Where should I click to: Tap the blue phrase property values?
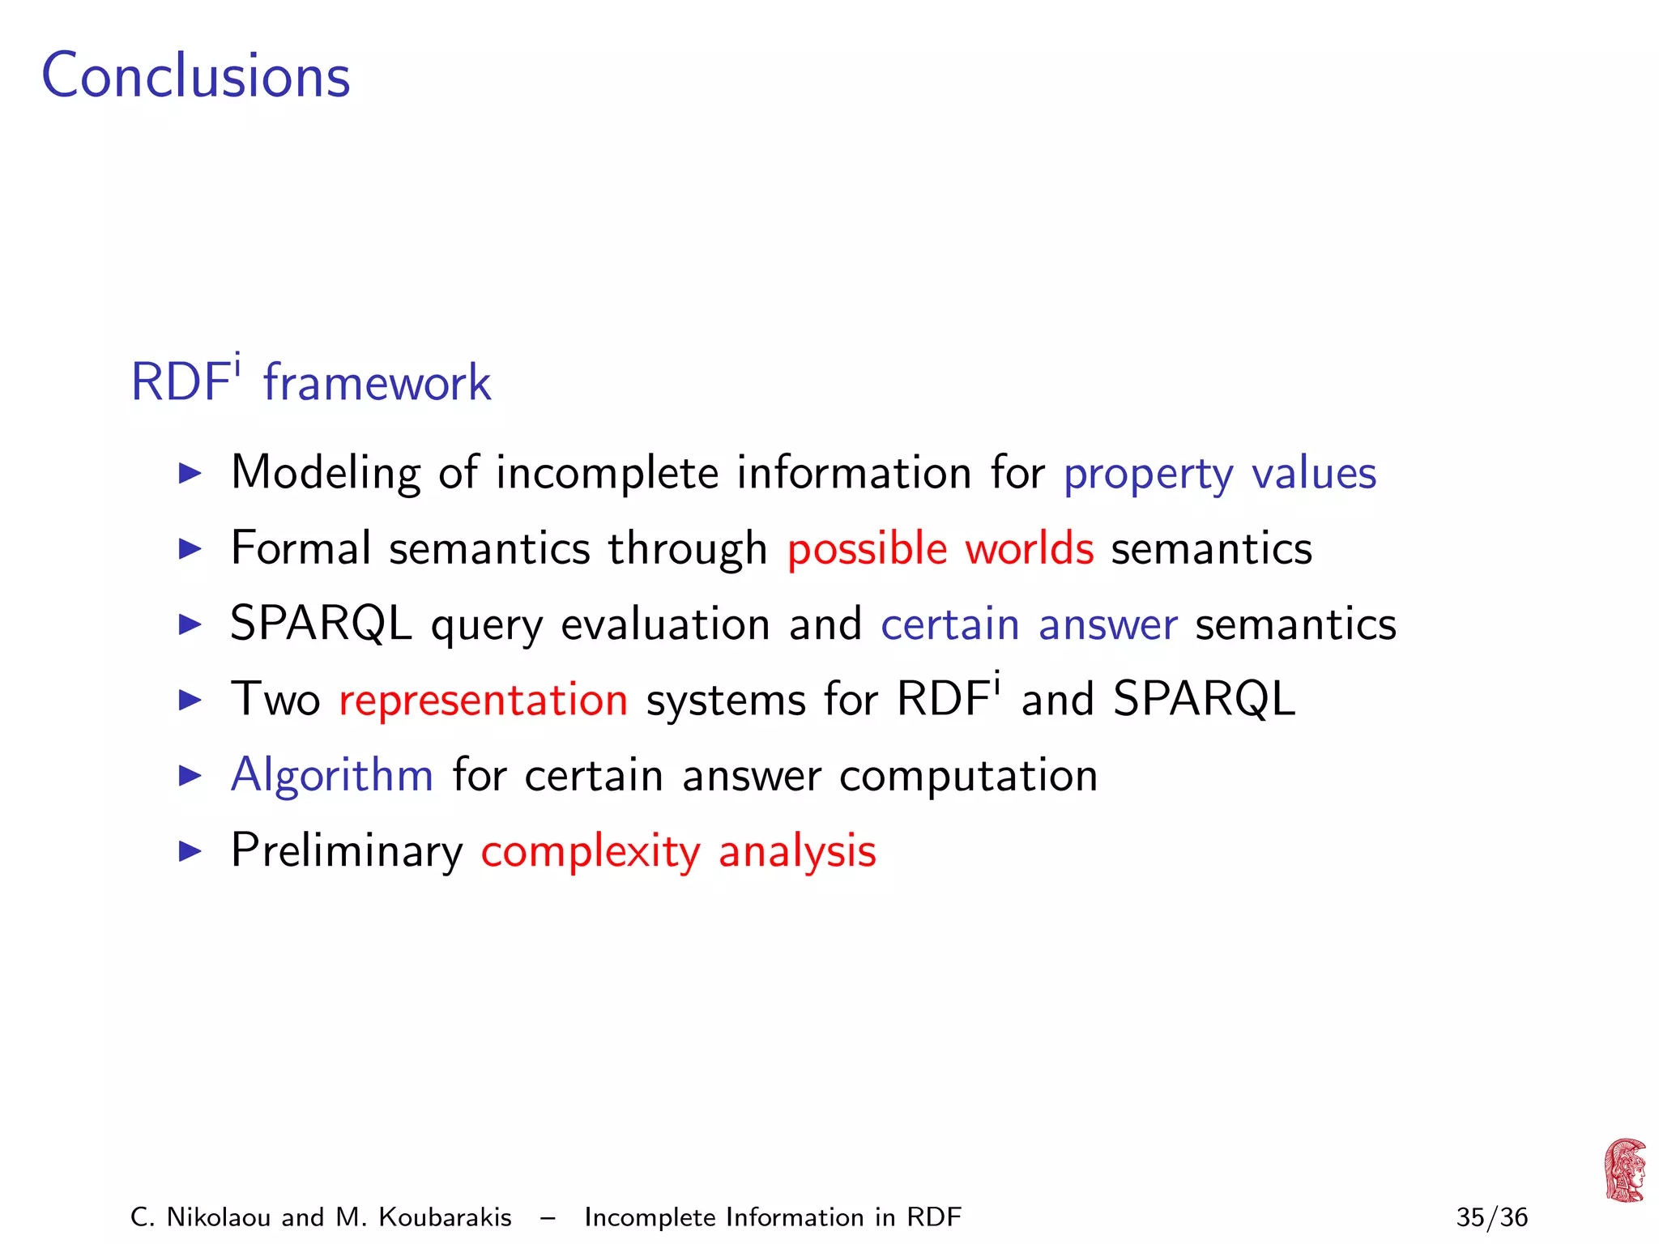coord(1219,474)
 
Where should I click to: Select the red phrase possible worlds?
coord(940,549)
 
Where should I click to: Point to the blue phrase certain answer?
coord(1029,624)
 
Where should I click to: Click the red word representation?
coord(483,700)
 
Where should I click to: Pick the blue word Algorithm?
coord(332,775)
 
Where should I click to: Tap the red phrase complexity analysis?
coord(678,851)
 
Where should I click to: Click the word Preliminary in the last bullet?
coord(347,851)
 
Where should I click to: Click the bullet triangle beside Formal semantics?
coord(190,549)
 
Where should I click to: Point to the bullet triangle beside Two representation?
coord(190,700)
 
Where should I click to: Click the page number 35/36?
coord(1491,1217)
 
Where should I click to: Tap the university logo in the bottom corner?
coord(1624,1170)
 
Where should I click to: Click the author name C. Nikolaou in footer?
coord(199,1217)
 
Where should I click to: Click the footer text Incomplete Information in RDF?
coord(772,1217)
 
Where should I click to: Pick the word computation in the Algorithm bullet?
coord(968,776)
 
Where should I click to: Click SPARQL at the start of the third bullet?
coord(321,624)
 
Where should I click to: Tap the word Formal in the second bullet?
coord(301,548)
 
